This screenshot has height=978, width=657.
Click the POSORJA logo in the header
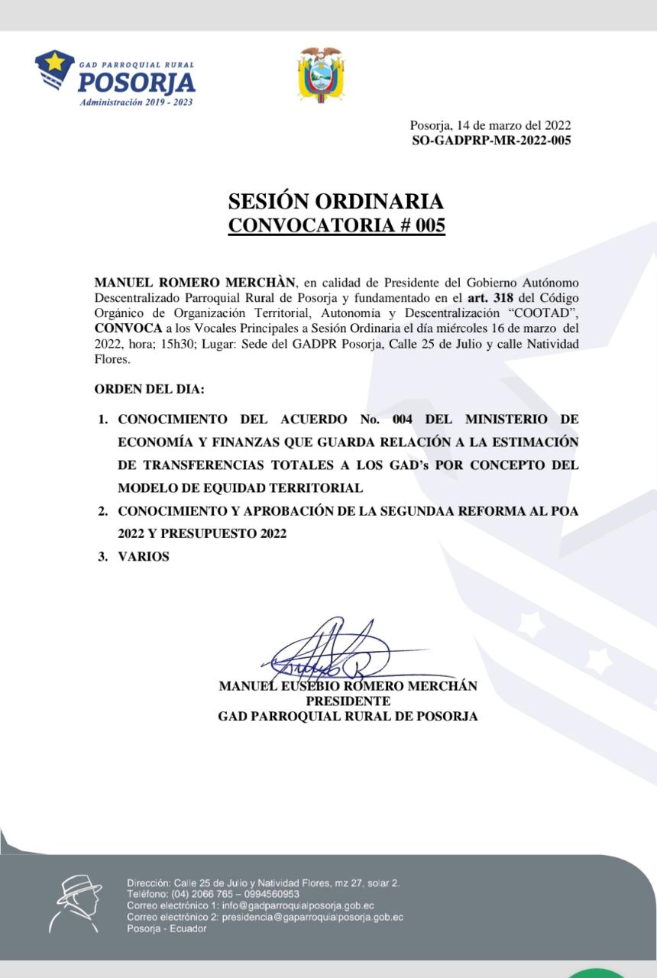[115, 79]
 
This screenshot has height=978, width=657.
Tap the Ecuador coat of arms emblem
[321, 75]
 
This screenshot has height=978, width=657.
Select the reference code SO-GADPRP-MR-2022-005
[490, 141]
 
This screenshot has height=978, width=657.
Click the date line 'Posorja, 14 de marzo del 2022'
[490, 126]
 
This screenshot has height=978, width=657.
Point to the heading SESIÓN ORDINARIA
[335, 202]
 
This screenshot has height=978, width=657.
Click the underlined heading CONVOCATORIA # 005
[336, 226]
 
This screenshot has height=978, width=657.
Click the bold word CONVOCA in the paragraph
[128, 329]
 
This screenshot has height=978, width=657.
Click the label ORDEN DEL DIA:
[149, 390]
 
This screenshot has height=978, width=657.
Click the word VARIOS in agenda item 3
[144, 557]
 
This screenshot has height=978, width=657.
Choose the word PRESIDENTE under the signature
[348, 701]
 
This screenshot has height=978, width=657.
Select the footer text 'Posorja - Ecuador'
[167, 928]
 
